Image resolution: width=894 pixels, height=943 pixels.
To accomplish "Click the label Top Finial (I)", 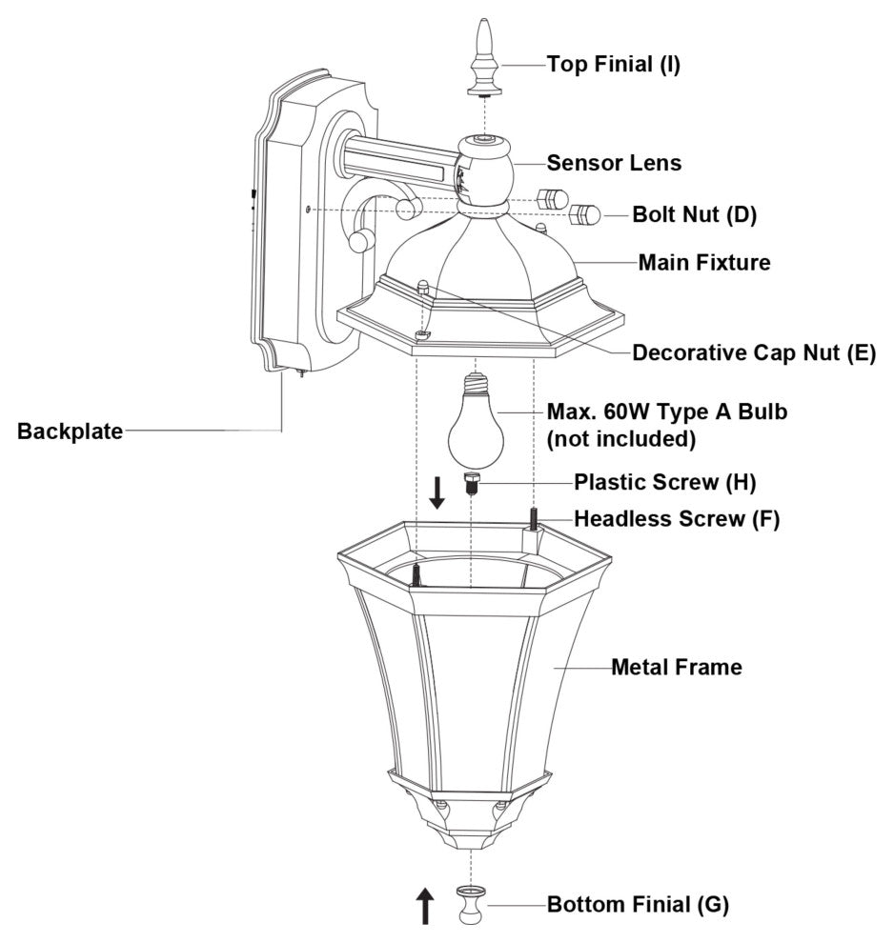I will (x=613, y=65).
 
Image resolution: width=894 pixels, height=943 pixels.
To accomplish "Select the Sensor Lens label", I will (x=614, y=163).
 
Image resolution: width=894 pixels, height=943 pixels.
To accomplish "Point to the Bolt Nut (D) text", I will (x=694, y=214).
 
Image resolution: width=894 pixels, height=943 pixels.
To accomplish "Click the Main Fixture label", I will (x=703, y=262).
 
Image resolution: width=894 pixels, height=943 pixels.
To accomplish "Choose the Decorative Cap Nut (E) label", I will (x=754, y=353).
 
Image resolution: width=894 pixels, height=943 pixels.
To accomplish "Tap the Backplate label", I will (x=70, y=431).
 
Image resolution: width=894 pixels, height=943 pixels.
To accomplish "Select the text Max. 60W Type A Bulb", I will (x=667, y=412).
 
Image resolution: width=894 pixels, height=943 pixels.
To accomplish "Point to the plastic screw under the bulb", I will (x=470, y=483).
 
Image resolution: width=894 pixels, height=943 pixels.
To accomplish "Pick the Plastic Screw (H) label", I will (x=664, y=483).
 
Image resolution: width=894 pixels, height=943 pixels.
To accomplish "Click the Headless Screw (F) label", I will (x=676, y=519).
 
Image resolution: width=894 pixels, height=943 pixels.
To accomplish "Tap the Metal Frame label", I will (x=676, y=668).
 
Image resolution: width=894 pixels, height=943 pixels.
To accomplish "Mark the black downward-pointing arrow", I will (x=437, y=492).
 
